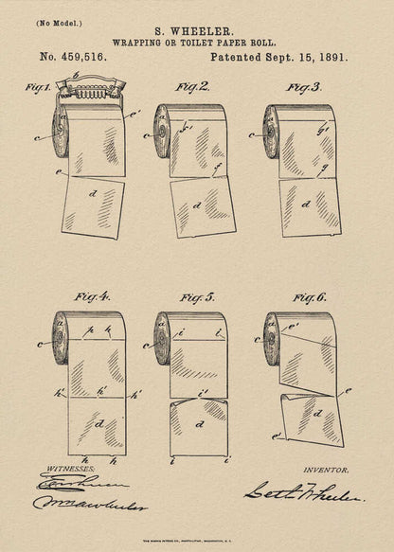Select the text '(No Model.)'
click(60, 22)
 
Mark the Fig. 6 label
click(307, 297)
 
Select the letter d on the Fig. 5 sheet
click(199, 425)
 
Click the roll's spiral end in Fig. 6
click(271, 337)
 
